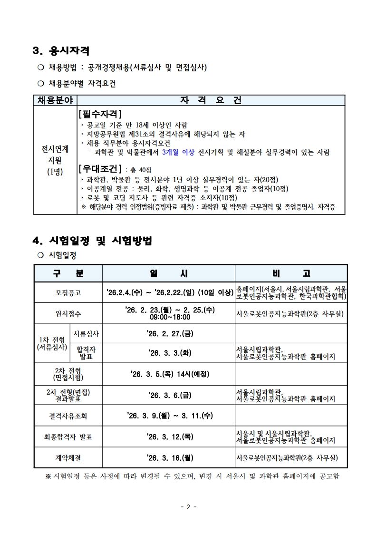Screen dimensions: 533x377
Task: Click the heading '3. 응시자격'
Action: (x=61, y=50)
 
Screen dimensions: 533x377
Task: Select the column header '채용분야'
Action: (x=55, y=100)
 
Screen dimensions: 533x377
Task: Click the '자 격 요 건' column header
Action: (x=211, y=100)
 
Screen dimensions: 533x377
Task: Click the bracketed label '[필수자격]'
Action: (x=100, y=114)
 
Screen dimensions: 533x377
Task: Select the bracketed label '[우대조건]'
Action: (x=100, y=169)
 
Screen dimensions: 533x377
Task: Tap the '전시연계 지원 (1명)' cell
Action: (x=55, y=160)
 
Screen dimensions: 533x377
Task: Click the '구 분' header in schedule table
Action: (x=68, y=273)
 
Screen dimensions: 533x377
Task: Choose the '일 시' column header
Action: (x=169, y=273)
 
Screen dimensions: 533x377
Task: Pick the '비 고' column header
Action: (x=291, y=273)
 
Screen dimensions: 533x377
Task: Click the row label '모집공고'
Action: (x=68, y=293)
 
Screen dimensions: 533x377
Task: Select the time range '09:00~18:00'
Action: (x=170, y=317)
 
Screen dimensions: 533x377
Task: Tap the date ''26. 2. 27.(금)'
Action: (x=170, y=333)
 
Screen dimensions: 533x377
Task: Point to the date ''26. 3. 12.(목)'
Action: (x=170, y=436)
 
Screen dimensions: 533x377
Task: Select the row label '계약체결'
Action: (x=68, y=458)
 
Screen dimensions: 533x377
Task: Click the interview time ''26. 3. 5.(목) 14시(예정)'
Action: (x=170, y=374)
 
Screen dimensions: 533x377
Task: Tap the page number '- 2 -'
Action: (x=188, y=507)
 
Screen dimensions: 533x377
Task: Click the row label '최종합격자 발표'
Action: (x=68, y=436)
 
